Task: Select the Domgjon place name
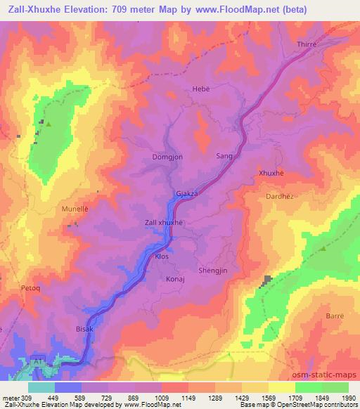[167, 157]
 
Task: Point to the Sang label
[224, 157]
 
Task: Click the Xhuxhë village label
[271, 173]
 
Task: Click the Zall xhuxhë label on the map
[163, 223]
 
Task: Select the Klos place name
[162, 257]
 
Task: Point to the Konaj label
[174, 278]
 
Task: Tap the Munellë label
[75, 209]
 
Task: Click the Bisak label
[84, 328]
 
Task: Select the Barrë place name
[334, 317]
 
